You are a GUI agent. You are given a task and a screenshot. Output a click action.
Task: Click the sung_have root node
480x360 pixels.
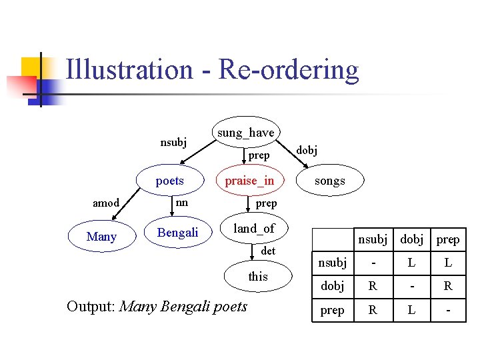[x=245, y=133]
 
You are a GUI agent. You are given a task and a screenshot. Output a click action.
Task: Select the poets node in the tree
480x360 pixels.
[x=169, y=181]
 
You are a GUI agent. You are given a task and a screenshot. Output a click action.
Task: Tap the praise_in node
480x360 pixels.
[x=249, y=181]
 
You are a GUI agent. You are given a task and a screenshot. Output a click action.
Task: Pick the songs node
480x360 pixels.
[x=329, y=181]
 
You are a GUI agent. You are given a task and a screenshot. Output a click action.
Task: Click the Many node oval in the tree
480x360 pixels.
[x=101, y=237]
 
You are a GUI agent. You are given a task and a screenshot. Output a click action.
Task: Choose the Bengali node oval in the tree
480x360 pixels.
[x=177, y=233]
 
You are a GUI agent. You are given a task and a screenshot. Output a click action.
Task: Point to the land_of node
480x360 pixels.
[x=254, y=229]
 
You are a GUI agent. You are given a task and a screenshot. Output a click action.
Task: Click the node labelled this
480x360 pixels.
[x=257, y=276]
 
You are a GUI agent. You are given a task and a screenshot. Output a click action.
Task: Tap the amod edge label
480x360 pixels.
[x=106, y=203]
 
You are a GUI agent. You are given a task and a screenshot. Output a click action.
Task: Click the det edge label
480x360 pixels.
[x=268, y=251]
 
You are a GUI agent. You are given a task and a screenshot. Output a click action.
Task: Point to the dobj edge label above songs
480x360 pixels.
[x=307, y=150]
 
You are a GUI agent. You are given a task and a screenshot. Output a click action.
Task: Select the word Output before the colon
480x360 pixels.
[x=91, y=307]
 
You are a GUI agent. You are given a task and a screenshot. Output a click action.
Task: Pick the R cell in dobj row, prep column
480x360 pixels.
[x=448, y=287]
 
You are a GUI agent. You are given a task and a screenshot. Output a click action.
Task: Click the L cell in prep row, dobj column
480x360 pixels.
[x=411, y=310]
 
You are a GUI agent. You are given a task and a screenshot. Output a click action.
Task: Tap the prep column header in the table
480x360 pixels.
[x=448, y=239]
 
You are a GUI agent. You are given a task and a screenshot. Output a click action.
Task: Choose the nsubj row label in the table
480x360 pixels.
[x=332, y=263]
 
